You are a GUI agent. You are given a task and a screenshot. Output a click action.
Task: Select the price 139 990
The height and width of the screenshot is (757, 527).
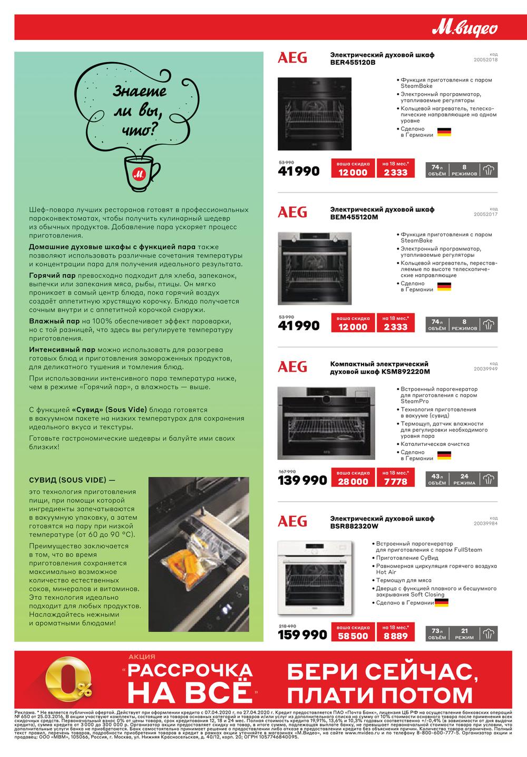tap(302, 481)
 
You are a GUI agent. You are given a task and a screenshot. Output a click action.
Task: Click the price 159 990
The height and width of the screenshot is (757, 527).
tap(302, 635)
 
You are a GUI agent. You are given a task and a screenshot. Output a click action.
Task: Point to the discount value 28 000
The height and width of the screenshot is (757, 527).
tap(353, 482)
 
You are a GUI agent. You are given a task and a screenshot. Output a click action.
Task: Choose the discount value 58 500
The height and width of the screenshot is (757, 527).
tap(353, 636)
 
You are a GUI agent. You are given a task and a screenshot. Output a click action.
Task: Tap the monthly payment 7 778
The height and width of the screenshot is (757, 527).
tap(395, 482)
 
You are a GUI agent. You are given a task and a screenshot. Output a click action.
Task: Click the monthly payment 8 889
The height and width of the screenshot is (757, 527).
tap(395, 636)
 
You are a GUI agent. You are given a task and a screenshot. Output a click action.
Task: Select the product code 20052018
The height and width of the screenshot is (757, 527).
tap(485, 60)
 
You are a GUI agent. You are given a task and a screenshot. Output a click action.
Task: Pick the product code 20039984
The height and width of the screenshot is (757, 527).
tap(485, 523)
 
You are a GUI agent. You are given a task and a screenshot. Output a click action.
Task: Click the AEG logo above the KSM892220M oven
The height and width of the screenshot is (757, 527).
tap(292, 366)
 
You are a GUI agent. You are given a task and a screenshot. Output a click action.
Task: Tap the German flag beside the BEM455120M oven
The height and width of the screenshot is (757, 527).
tap(444, 286)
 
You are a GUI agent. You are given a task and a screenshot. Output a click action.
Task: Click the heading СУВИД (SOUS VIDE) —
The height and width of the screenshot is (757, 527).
tap(72, 480)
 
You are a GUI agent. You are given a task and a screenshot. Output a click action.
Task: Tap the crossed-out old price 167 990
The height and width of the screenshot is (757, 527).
tap(287, 471)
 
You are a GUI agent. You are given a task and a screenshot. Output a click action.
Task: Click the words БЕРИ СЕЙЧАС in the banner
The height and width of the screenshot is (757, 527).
tap(379, 671)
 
